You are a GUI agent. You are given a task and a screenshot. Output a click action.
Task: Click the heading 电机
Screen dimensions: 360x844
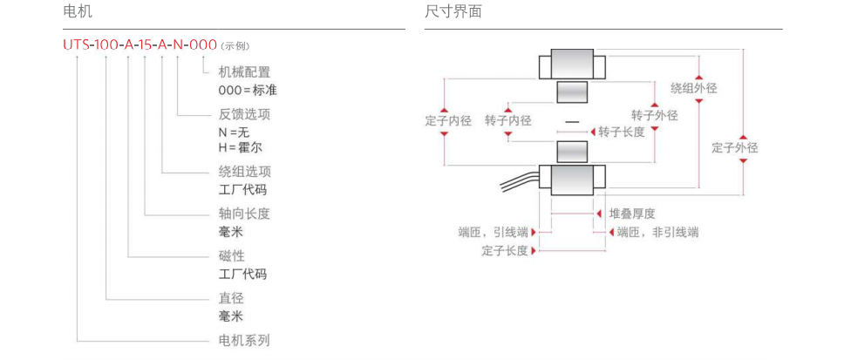[x=78, y=12]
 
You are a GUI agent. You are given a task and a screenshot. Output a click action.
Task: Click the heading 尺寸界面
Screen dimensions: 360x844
[x=453, y=12]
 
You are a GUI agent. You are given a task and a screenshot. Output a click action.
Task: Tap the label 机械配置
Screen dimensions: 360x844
[x=244, y=72]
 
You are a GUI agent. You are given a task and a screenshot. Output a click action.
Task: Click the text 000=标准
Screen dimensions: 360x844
[x=248, y=90]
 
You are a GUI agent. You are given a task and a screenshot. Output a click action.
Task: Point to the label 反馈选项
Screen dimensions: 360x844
[x=244, y=114]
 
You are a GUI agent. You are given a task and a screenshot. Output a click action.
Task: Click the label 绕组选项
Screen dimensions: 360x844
[x=244, y=172]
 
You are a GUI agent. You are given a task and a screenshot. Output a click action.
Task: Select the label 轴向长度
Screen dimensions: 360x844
[x=244, y=214]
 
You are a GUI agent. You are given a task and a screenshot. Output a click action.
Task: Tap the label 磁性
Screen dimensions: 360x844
[x=231, y=256]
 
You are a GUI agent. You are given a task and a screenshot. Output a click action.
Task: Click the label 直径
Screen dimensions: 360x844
[x=231, y=298]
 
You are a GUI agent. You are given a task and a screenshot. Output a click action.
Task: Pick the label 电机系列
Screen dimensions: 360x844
[x=244, y=340]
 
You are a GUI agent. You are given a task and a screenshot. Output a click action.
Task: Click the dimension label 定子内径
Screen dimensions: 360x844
[x=448, y=121]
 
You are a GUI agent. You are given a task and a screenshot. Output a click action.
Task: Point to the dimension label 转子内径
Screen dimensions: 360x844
[x=507, y=121]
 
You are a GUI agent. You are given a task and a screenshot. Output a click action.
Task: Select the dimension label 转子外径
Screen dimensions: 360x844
[x=654, y=115]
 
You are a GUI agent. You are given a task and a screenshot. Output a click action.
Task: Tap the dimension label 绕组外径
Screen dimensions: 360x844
[x=694, y=88]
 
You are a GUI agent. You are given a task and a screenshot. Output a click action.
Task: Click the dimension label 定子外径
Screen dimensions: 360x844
[x=735, y=148]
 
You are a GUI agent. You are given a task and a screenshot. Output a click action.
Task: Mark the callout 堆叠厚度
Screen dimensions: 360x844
[x=632, y=214]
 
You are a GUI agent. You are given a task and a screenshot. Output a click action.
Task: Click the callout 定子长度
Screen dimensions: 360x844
[x=505, y=251]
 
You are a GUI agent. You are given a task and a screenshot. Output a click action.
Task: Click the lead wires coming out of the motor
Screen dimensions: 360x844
[x=516, y=184]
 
